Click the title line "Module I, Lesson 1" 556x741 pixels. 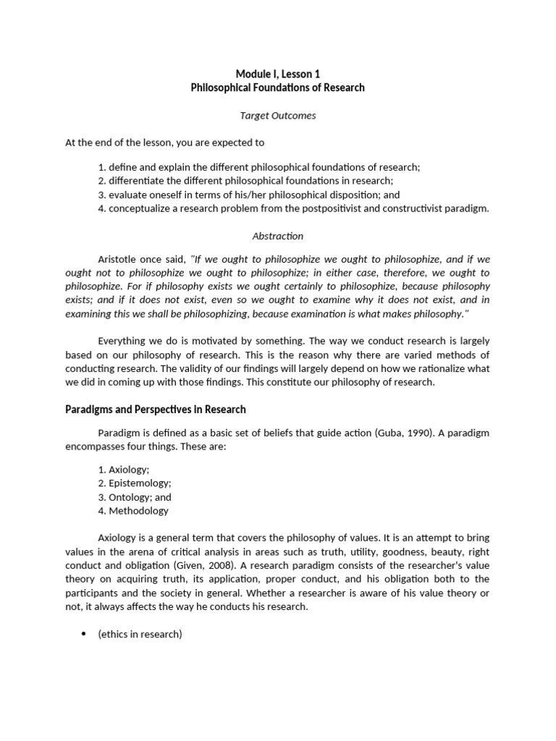coord(277,74)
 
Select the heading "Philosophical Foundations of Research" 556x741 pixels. coord(277,88)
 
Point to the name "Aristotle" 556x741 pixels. coord(117,259)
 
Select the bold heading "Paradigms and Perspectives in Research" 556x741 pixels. coord(156,410)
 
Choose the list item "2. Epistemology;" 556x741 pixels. coord(135,483)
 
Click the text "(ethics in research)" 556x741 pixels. coord(140,635)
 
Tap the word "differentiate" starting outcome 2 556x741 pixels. coord(137,181)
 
